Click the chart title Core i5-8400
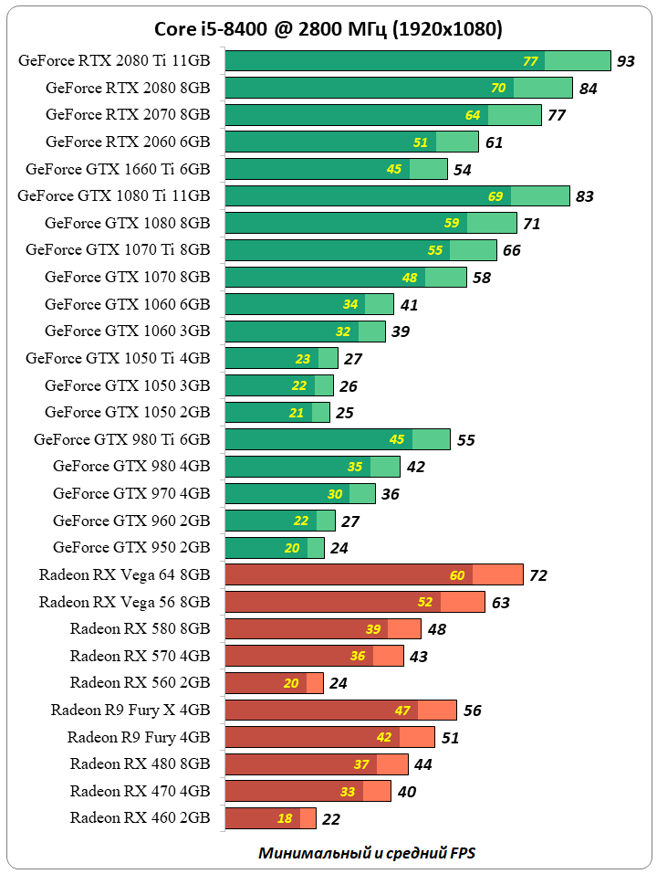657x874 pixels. coord(328,29)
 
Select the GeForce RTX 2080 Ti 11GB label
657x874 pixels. coord(113,61)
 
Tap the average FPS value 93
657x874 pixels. coord(626,61)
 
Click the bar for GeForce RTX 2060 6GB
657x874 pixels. coord(351,142)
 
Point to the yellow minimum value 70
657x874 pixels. coord(498,88)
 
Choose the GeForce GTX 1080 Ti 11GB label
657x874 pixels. coord(113,195)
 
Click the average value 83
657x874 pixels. coord(586,196)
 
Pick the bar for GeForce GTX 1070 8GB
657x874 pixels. coord(345,277)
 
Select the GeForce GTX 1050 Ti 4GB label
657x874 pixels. coord(118,358)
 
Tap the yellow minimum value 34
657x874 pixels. coord(350,304)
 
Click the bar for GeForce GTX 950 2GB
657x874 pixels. coord(274,548)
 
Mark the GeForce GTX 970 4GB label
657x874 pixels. coord(131,493)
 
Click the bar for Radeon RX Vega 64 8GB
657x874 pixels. coord(373,574)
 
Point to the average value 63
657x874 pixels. coord(500,603)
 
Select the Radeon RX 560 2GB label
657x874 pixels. coord(140,682)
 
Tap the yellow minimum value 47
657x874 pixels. coord(402,711)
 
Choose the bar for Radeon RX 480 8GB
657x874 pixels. coord(316,763)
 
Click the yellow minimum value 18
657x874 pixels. coord(285,818)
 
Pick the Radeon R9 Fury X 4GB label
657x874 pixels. coord(130,710)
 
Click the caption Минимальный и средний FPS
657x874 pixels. coord(366,853)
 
